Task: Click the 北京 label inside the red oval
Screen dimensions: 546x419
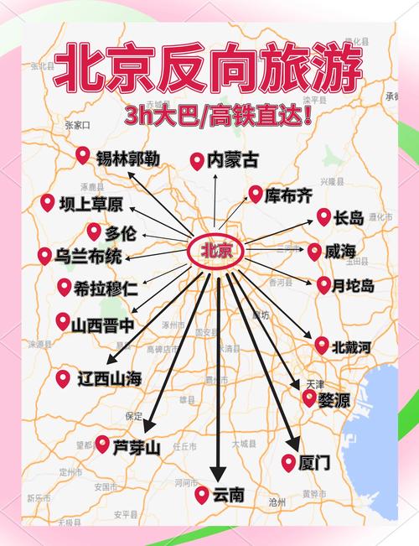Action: tap(215, 251)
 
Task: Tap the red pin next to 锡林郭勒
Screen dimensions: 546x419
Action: tap(82, 155)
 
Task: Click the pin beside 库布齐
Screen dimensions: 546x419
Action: tap(255, 195)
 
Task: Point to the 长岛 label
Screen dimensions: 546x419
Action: tap(348, 218)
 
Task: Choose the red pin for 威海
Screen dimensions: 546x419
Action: tap(314, 251)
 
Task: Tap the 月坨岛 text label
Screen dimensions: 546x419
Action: tap(353, 285)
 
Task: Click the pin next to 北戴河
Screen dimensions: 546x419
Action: tap(323, 344)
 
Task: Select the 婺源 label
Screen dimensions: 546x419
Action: tap(334, 399)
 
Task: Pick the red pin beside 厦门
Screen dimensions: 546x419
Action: tap(288, 461)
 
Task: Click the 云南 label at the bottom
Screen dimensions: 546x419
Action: tap(228, 495)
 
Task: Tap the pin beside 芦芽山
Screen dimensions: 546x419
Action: tap(102, 444)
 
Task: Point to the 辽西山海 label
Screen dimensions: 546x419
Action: tap(109, 378)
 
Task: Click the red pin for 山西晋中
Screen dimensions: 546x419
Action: tap(63, 320)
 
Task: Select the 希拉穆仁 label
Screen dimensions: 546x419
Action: tap(106, 288)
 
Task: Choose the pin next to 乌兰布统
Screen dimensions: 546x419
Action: tap(44, 256)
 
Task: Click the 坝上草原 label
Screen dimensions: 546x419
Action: tap(91, 204)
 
